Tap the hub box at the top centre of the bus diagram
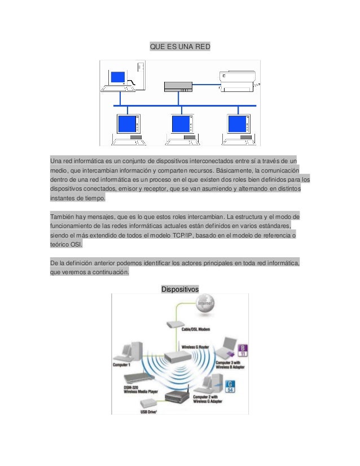pyautogui.click(x=179, y=86)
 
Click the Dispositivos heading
pyautogui.click(x=179, y=289)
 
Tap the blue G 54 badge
pyautogui.click(x=230, y=386)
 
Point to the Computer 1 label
pyautogui.click(x=122, y=364)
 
